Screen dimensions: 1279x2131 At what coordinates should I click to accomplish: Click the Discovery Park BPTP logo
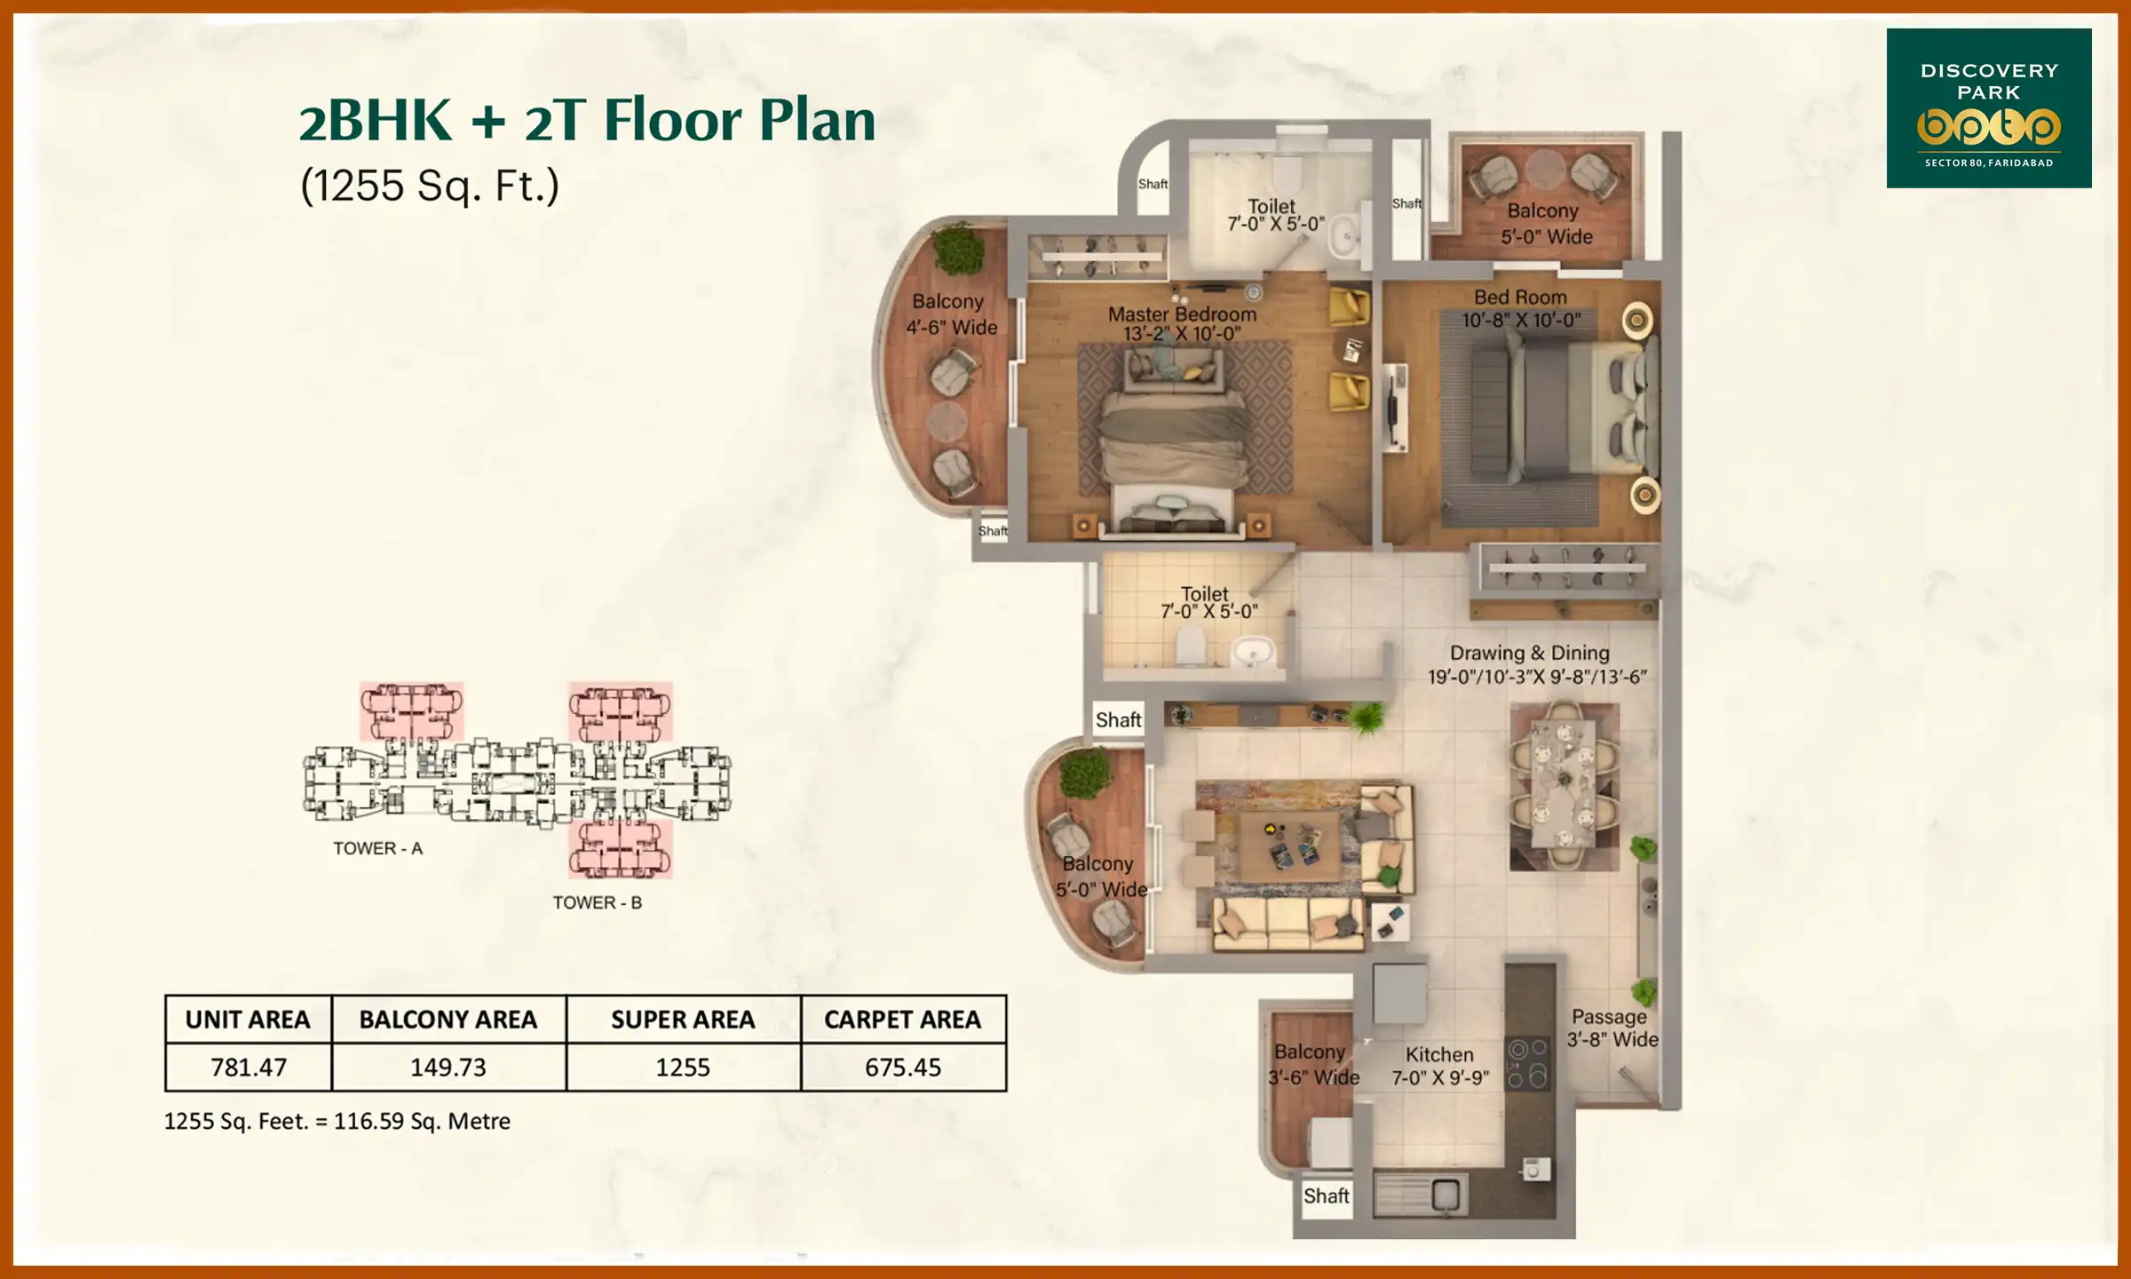(1988, 108)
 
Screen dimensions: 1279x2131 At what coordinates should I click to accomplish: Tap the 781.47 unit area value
(249, 1067)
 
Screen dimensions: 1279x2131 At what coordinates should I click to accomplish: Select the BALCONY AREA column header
(448, 1020)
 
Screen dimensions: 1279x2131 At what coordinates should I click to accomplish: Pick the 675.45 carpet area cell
(902, 1067)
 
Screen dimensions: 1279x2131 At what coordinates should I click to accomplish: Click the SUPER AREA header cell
(683, 1020)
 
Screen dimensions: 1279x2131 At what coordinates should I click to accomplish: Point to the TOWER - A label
(377, 848)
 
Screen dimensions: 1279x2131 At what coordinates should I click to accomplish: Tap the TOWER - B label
(597, 902)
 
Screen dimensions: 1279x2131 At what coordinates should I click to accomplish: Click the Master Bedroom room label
(1182, 323)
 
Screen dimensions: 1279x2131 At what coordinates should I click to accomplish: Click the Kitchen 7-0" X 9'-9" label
(1439, 1066)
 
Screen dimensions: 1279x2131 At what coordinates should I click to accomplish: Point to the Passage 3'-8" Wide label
(1611, 1028)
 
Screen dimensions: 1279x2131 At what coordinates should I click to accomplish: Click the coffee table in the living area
(1290, 846)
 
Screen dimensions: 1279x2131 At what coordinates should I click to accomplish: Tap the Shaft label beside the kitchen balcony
(1326, 1196)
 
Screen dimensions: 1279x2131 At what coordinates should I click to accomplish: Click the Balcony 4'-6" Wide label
(950, 314)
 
